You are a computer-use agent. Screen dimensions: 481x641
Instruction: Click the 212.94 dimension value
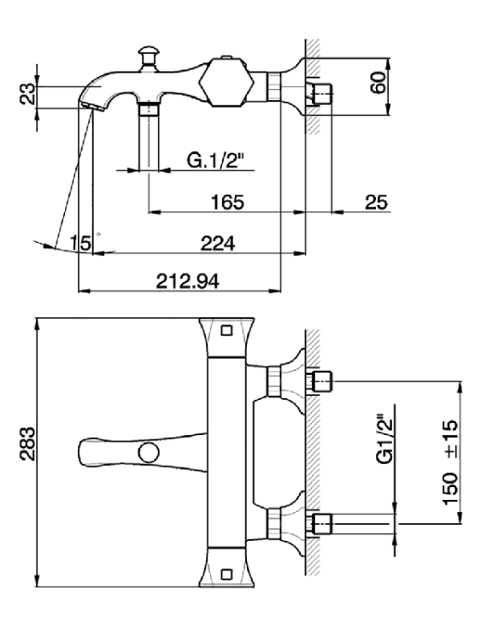[187, 281]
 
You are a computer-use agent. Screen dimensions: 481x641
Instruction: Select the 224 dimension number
[217, 244]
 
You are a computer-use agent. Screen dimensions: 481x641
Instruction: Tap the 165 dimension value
[227, 202]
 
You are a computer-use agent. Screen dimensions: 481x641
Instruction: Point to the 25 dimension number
[376, 202]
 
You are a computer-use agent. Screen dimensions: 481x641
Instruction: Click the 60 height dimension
[378, 82]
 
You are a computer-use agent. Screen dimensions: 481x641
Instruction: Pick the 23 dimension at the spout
[28, 94]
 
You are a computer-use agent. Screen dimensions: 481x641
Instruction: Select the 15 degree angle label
[80, 243]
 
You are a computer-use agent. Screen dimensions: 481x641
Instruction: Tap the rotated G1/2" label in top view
[384, 440]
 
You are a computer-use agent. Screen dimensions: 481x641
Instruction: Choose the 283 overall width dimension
[28, 444]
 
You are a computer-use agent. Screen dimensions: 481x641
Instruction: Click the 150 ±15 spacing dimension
[450, 462]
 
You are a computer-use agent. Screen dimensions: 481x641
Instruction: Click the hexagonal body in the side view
[226, 83]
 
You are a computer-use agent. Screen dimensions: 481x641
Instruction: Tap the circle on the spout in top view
[149, 452]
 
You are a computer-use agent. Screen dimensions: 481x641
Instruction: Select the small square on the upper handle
[226, 330]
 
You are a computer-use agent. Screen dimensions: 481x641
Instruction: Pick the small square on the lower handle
[226, 574]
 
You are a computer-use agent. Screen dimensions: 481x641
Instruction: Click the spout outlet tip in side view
[90, 107]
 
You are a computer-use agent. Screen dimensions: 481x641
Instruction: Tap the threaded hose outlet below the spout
[149, 110]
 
